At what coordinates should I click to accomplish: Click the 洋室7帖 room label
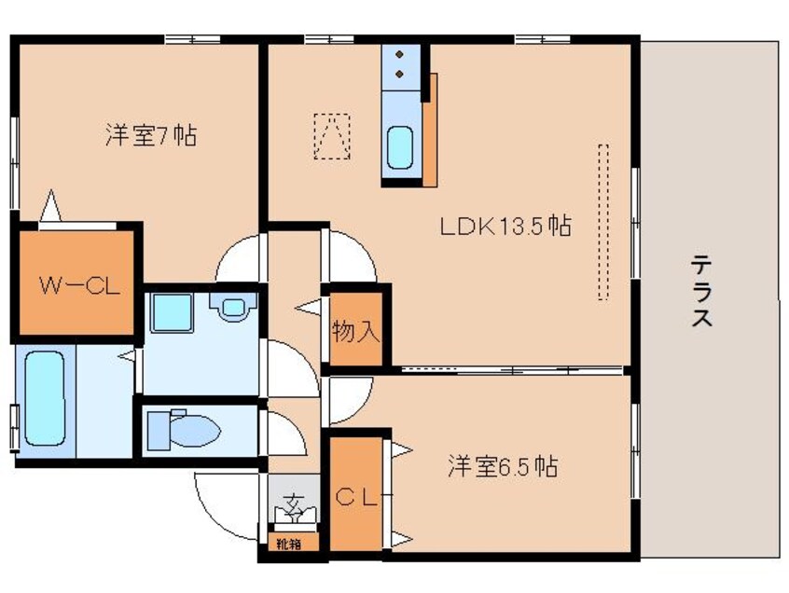(x=149, y=136)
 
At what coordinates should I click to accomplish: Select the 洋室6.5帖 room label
(x=503, y=466)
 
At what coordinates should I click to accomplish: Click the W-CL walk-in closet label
(x=78, y=285)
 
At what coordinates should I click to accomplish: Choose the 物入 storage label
(x=356, y=331)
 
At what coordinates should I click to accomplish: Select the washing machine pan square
(x=172, y=310)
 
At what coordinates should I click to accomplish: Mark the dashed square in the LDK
(x=332, y=136)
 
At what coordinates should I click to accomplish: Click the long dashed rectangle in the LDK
(x=602, y=222)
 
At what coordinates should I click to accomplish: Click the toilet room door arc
(x=280, y=431)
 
